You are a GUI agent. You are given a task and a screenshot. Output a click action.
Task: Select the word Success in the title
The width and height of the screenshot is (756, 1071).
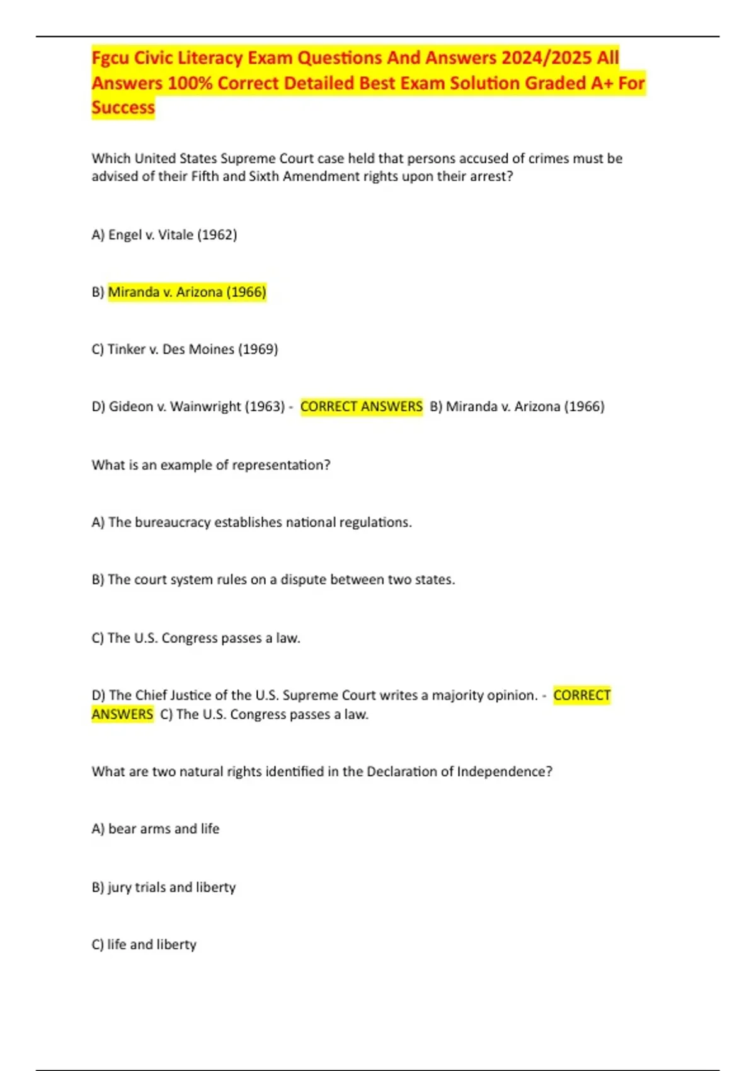123,108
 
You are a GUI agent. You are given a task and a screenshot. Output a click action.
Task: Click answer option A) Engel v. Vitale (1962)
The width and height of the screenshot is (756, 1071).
164,235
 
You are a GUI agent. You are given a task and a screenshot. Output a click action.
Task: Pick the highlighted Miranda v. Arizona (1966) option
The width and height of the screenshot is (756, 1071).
187,292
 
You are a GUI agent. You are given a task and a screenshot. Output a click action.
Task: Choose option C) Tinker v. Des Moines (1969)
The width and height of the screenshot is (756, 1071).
185,350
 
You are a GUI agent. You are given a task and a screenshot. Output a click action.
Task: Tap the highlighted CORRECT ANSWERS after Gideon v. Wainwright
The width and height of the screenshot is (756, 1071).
361,407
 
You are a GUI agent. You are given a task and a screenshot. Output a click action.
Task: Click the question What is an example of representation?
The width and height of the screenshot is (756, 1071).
211,466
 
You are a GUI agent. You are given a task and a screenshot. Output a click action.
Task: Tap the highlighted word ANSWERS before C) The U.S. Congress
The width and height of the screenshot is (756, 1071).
122,714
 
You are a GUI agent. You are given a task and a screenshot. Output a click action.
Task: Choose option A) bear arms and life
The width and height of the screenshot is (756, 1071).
156,829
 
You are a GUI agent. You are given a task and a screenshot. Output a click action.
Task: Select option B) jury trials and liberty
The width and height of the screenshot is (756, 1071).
164,888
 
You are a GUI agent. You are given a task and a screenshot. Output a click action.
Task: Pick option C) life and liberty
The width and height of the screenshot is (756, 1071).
144,945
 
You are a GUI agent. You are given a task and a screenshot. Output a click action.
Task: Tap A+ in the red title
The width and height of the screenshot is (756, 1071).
602,83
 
